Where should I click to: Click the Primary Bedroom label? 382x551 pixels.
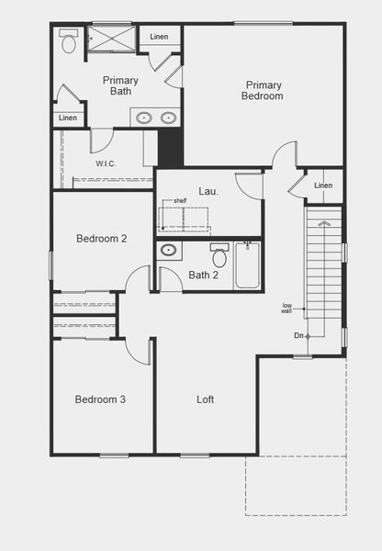coord(262,90)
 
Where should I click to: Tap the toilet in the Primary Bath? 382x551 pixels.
coord(69,41)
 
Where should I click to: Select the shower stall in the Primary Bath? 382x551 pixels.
coord(111,39)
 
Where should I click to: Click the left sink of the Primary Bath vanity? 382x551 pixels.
coord(144,118)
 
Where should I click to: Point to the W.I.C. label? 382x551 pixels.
coord(106,163)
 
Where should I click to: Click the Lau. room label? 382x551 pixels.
coord(208,191)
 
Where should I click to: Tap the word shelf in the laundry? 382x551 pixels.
coord(180,201)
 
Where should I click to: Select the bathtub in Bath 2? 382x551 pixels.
coord(247,265)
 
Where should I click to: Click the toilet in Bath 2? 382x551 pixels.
coord(219,255)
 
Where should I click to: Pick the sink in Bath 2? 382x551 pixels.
coord(169,250)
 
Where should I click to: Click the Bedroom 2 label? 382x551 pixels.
coord(102,239)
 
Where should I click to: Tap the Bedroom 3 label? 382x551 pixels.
coord(100,399)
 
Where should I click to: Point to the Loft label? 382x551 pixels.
coord(205,399)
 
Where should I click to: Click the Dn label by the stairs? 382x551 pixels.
coord(298,335)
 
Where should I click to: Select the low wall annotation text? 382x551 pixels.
coord(286,309)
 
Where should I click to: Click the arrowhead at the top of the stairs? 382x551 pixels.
coord(323,223)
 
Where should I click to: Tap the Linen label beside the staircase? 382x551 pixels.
coord(323,186)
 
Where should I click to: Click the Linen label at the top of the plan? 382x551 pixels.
coord(159,37)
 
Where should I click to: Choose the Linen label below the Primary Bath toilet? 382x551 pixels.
coord(68,118)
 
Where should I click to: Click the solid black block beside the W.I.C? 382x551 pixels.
coord(171,147)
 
